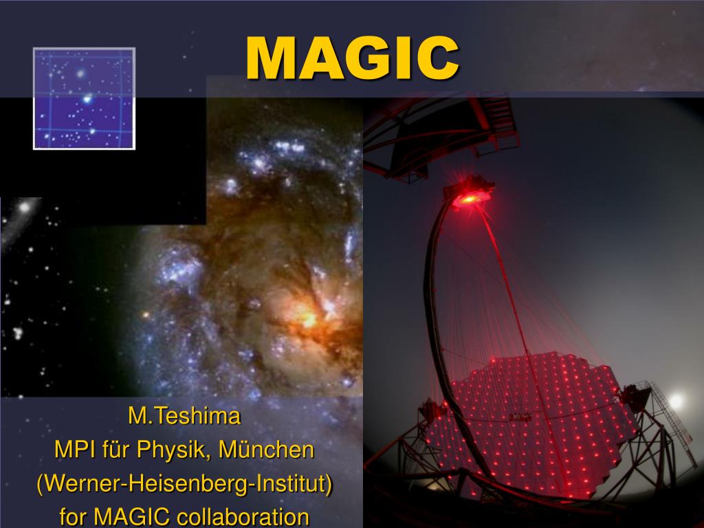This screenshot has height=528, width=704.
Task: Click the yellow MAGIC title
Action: pyautogui.click(x=353, y=58)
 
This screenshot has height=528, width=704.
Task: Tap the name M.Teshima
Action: pyautogui.click(x=184, y=416)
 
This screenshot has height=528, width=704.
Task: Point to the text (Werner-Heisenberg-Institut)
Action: pyautogui.click(x=184, y=483)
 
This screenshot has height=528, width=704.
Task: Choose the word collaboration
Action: pyautogui.click(x=243, y=517)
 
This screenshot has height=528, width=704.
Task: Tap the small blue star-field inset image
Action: pyautogui.click(x=84, y=98)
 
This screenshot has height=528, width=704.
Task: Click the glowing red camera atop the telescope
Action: pyautogui.click(x=470, y=193)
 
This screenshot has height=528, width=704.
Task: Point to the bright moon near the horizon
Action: pyautogui.click(x=676, y=400)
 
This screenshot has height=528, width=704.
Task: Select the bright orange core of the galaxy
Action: pyautogui.click(x=309, y=318)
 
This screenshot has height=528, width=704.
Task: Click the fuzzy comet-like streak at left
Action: pyautogui.click(x=20, y=215)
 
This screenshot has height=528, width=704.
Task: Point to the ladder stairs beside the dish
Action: pyautogui.click(x=671, y=417)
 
